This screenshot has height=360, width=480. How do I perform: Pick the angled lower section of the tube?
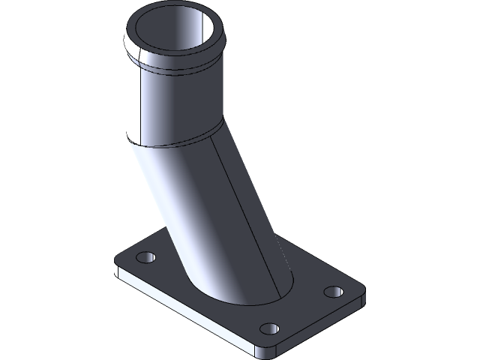(225, 217)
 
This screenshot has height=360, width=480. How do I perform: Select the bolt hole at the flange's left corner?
(147, 257)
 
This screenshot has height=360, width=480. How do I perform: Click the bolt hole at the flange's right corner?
(332, 291)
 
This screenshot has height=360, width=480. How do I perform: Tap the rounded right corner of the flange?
(363, 297)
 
